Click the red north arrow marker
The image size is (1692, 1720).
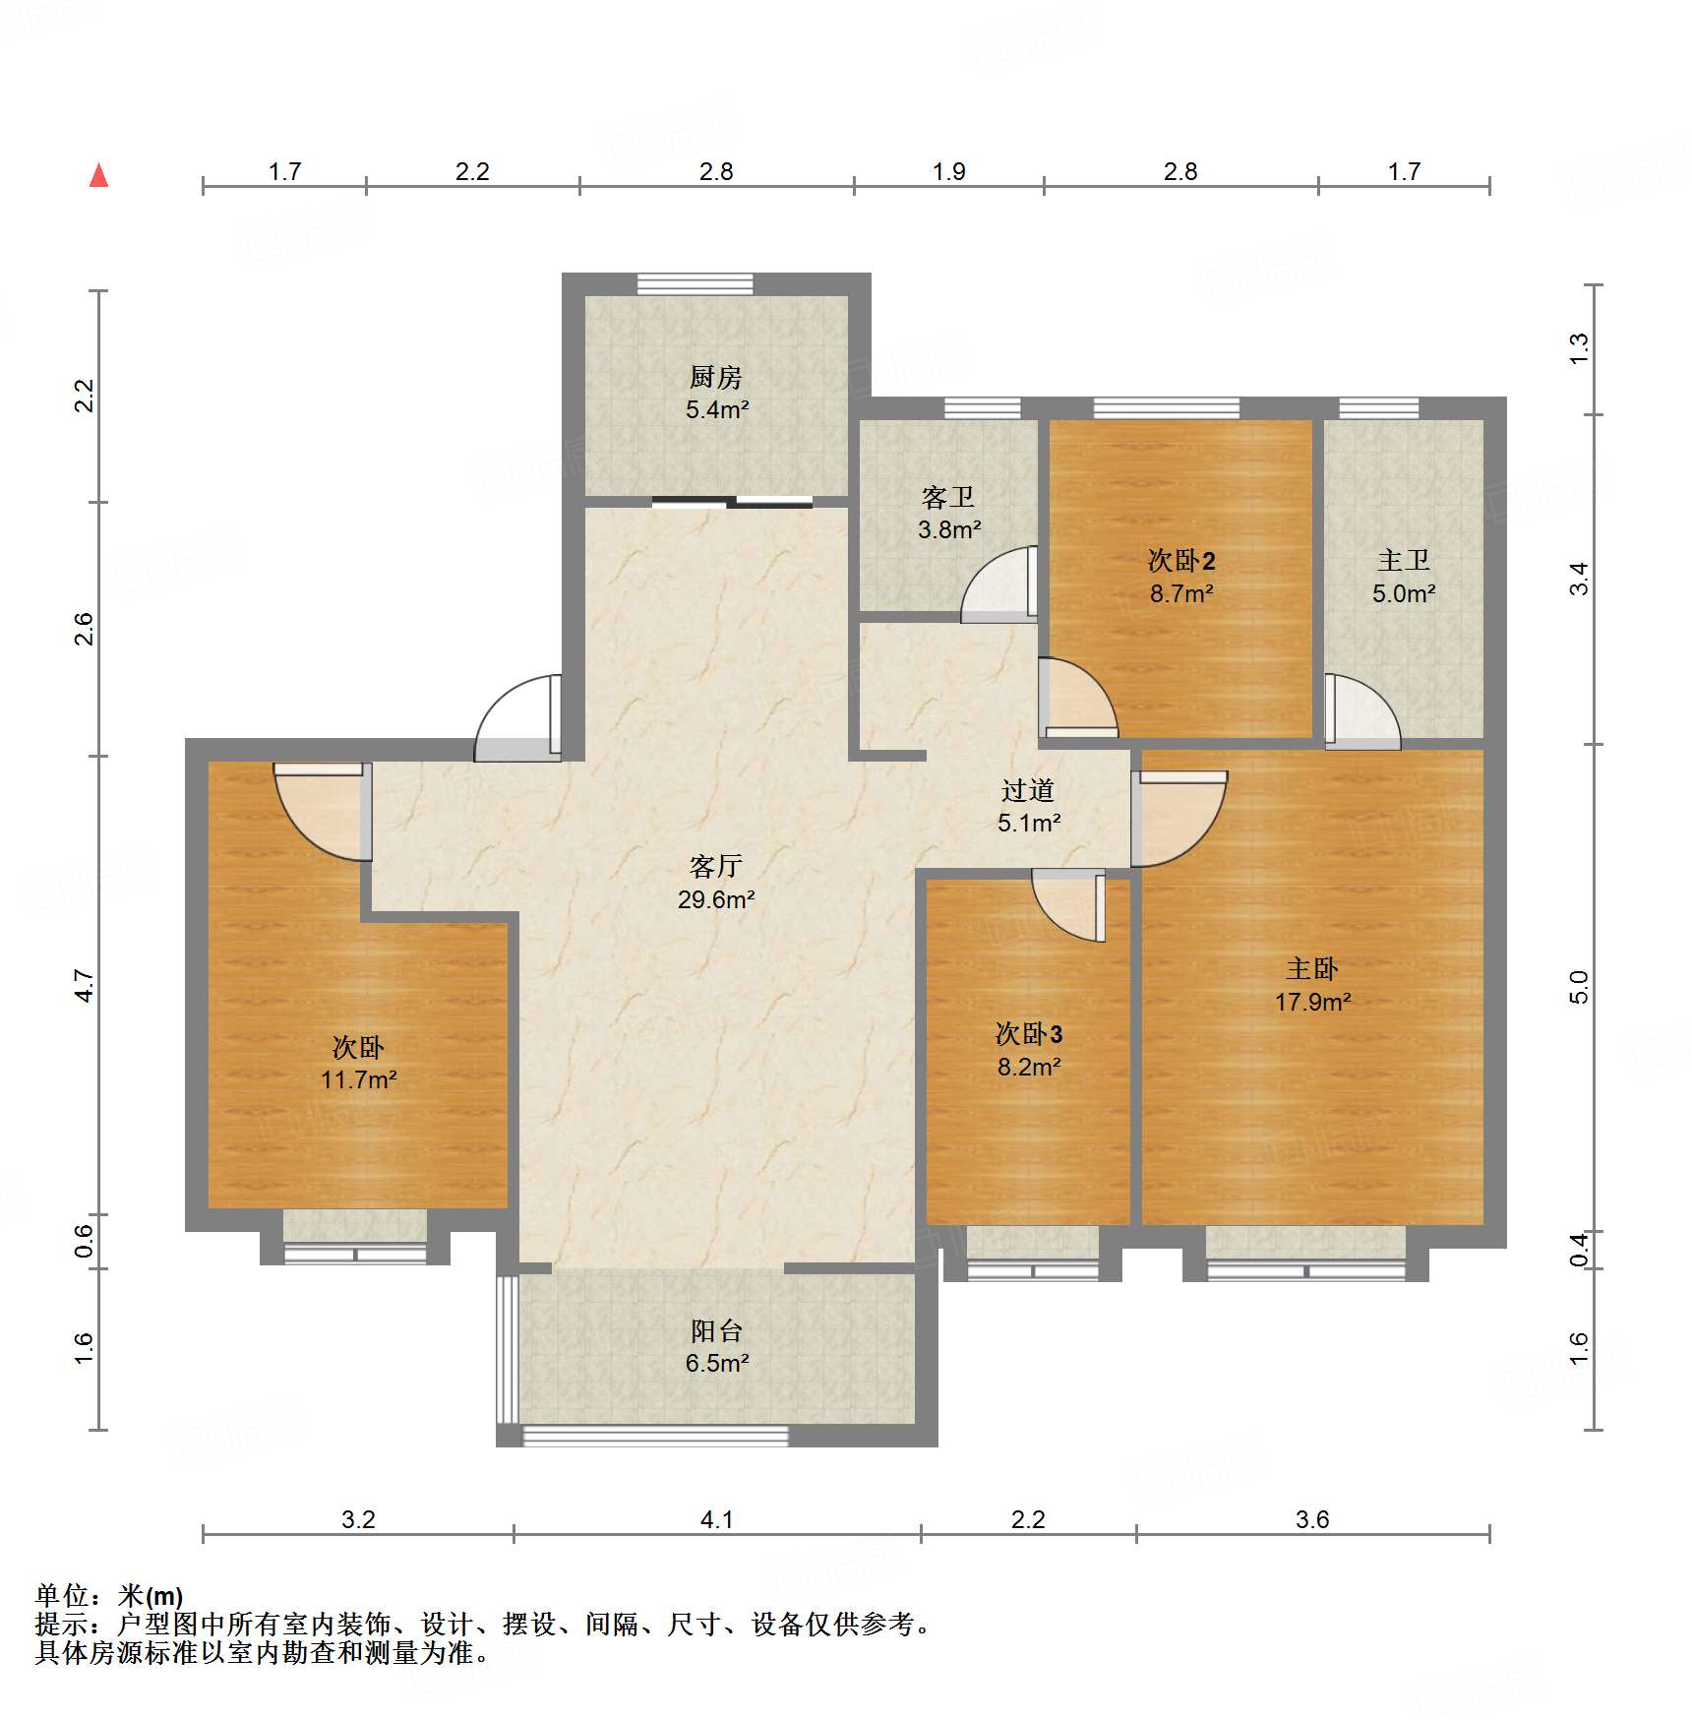(98, 175)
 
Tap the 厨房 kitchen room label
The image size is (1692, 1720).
(715, 377)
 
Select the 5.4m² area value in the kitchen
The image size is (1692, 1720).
(717, 409)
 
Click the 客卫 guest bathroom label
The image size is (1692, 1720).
(948, 497)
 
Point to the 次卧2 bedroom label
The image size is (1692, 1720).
(1181, 561)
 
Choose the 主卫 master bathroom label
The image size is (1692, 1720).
(1404, 561)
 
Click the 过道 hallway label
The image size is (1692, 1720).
(1028, 790)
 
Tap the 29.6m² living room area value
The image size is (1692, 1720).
(716, 899)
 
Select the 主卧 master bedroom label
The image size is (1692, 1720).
(1312, 969)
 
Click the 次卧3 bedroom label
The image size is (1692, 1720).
(1029, 1034)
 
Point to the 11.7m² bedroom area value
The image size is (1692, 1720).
(358, 1079)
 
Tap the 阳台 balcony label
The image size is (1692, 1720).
(716, 1331)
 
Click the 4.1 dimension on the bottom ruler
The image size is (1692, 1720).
(716, 1520)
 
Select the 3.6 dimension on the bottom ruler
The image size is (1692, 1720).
(1312, 1520)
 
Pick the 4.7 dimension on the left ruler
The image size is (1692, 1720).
(85, 986)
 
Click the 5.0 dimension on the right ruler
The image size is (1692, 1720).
(1578, 987)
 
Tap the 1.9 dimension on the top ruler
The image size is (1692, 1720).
(949, 172)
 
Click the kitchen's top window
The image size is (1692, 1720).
(695, 283)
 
